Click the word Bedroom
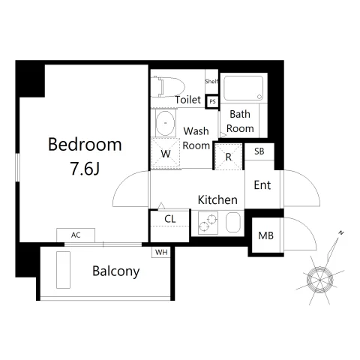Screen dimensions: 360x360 (85, 145)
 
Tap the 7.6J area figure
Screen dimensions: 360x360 (85, 169)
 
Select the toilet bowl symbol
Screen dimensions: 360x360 (168, 87)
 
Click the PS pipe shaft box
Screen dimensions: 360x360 (212, 101)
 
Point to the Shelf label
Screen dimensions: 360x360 (211, 81)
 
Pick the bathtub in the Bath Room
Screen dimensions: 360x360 (244, 88)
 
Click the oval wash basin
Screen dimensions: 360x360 (165, 123)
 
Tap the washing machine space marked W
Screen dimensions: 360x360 (166, 154)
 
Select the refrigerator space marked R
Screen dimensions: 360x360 (228, 157)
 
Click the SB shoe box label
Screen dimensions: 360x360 (259, 151)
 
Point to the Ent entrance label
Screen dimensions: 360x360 (262, 185)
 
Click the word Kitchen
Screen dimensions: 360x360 (217, 199)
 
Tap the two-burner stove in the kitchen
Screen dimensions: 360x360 (208, 223)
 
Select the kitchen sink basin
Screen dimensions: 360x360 (233, 222)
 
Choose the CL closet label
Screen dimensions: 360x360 (170, 219)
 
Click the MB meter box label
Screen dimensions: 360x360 (266, 235)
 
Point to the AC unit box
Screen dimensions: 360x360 (76, 235)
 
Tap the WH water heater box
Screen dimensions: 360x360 (161, 252)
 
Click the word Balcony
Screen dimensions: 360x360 (116, 271)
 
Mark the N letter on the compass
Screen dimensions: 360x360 (341, 233)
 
